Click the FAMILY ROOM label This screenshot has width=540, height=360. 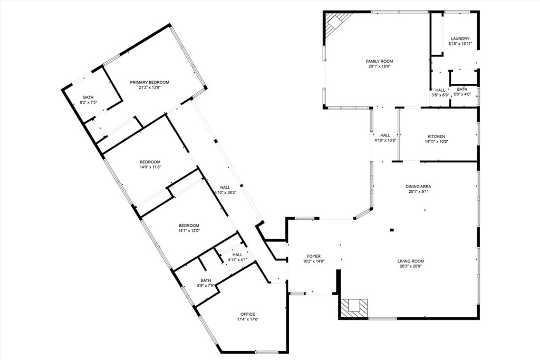[x=379, y=61]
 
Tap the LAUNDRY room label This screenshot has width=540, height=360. [x=460, y=38]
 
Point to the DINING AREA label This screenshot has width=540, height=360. [x=419, y=186]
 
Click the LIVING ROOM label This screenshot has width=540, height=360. [x=411, y=261]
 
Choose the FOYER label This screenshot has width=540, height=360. [x=313, y=256]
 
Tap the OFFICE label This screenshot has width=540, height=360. [x=248, y=314]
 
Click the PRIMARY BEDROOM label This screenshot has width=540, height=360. [x=150, y=82]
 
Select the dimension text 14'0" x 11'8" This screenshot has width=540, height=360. [x=150, y=167]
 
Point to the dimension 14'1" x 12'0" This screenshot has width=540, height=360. [x=189, y=230]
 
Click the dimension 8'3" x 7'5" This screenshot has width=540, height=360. [x=88, y=102]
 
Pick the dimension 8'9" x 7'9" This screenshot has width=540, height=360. [x=206, y=286]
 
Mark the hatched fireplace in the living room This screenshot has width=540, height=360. [x=354, y=307]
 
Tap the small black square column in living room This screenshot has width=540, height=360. [x=391, y=230]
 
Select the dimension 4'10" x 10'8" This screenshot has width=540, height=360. [x=385, y=140]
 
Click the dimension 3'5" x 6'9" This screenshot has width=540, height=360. [x=440, y=95]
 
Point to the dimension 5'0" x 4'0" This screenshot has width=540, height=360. [x=462, y=94]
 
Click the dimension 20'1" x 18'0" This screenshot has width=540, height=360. [x=379, y=66]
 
